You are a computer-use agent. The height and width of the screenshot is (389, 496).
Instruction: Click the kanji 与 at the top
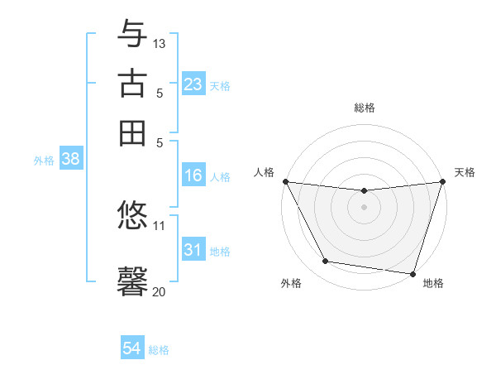click(132, 34)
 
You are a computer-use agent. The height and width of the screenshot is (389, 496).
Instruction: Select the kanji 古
click(132, 84)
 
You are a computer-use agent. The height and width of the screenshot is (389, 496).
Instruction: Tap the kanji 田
click(132, 132)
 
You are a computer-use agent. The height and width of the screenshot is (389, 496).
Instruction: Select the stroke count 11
click(160, 225)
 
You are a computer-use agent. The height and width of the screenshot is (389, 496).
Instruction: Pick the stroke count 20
click(160, 291)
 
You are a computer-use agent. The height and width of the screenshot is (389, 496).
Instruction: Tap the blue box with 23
click(193, 84)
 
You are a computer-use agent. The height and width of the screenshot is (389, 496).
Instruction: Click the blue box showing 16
click(193, 175)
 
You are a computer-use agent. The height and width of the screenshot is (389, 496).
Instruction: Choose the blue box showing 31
click(193, 250)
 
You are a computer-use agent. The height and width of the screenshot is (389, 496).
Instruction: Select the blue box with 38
click(70, 161)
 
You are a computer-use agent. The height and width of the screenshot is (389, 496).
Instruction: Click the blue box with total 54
click(132, 348)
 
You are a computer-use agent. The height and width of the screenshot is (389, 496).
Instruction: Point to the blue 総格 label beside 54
click(159, 350)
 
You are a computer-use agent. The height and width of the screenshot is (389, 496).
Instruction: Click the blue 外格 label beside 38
click(44, 161)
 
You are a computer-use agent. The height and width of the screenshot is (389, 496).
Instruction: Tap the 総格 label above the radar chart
click(365, 108)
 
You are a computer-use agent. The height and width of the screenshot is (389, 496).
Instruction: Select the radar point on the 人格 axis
click(285, 181)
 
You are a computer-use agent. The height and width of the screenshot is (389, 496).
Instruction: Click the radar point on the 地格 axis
click(413, 273)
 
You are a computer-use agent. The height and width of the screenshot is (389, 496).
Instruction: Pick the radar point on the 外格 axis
click(326, 262)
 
